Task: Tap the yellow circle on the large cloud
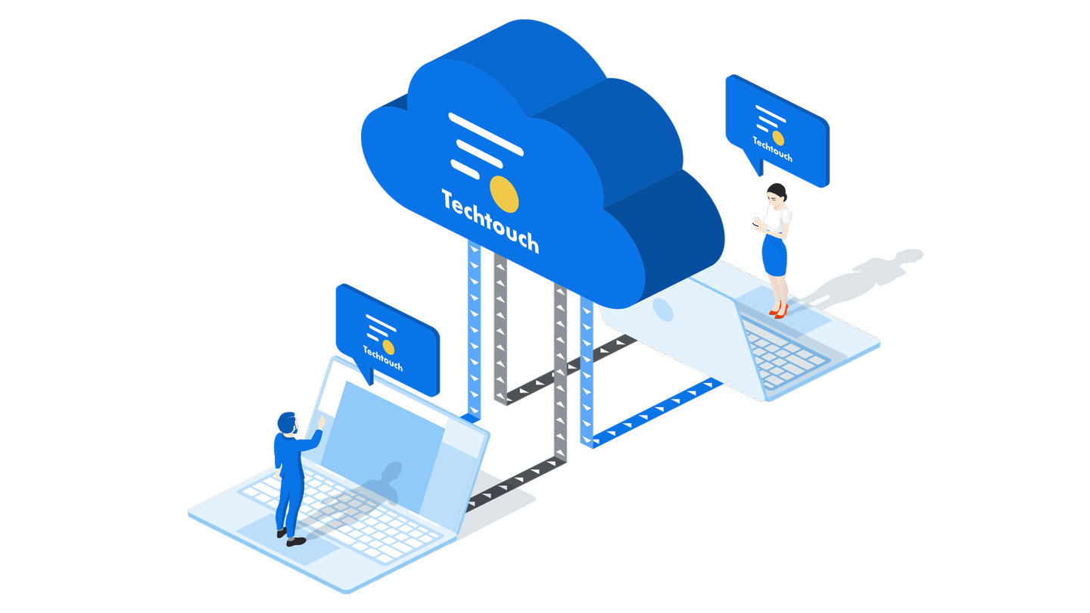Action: point(504,194)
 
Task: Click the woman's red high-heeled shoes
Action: point(780,311)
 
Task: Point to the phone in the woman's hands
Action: point(755,224)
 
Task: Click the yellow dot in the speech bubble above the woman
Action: point(778,138)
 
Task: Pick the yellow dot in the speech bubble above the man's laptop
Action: point(388,347)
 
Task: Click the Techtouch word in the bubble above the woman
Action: point(773,149)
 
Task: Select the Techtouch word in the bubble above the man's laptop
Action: point(383,359)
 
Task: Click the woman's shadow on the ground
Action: point(861,277)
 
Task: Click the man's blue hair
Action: point(285,422)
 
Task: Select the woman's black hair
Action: point(777,190)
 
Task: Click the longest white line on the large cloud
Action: point(486,134)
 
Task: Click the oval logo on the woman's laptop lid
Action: point(662,310)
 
